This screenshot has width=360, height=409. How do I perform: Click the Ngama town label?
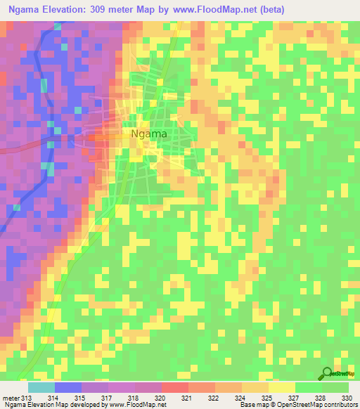[x=149, y=133]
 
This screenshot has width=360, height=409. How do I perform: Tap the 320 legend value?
[x=160, y=398]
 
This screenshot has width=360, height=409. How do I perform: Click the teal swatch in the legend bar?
[x=41, y=387]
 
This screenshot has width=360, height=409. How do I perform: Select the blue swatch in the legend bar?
[x=68, y=387]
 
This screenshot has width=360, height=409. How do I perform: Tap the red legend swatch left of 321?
[x=175, y=387]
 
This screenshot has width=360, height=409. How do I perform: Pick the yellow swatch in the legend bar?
[x=282, y=387]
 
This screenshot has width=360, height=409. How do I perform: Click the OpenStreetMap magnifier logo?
[x=327, y=375]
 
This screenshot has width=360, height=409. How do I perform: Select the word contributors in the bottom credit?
[x=340, y=405]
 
